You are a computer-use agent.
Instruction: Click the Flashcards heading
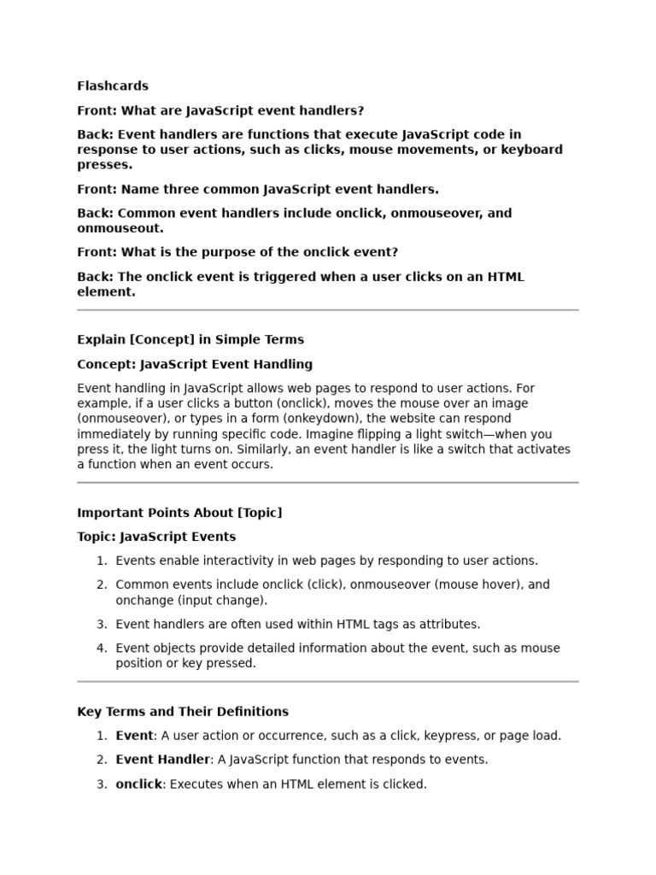(112, 85)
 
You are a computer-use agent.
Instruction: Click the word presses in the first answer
(103, 165)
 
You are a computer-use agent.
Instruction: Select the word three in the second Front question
(184, 189)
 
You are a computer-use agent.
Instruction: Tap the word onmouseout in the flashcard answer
(120, 228)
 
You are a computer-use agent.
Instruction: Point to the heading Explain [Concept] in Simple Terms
(190, 339)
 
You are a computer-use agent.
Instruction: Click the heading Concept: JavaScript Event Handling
(195, 364)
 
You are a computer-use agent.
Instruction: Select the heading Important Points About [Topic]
(179, 513)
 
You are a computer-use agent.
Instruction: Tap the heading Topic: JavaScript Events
(156, 537)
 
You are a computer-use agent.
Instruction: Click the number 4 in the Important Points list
(101, 648)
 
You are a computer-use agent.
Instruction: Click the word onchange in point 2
(141, 600)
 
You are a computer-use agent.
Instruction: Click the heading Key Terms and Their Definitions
(183, 711)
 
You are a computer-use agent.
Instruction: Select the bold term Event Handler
(162, 759)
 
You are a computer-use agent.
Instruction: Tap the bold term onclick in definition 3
(138, 784)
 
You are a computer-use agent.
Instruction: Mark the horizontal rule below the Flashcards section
(328, 310)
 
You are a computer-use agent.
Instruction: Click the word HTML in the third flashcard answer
(505, 276)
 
